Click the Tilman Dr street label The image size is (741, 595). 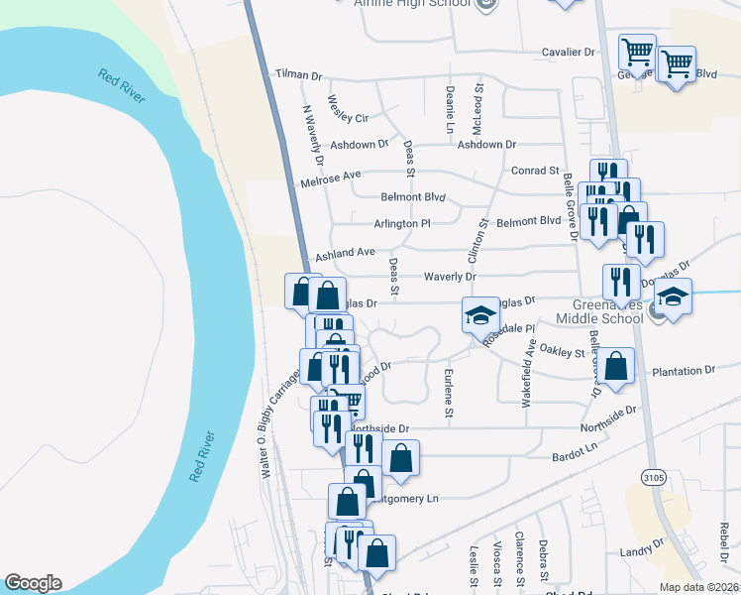(299, 75)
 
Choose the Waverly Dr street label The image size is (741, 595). (451, 277)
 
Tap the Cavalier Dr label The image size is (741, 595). (567, 52)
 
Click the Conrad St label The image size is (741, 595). (536, 171)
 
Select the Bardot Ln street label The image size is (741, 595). (576, 457)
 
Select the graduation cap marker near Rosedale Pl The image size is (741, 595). (480, 315)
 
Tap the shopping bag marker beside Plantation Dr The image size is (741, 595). (615, 365)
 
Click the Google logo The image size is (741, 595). (33, 583)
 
